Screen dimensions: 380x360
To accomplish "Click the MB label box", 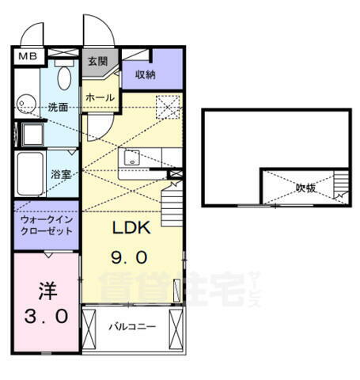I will pyautogui.click(x=27, y=56).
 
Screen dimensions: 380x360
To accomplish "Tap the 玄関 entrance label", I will pyautogui.click(x=98, y=61).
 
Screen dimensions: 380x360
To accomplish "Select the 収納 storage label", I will pyautogui.click(x=145, y=75).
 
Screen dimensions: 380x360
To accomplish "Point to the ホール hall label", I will pyautogui.click(x=100, y=98).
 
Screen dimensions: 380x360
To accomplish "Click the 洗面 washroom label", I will pyautogui.click(x=57, y=107).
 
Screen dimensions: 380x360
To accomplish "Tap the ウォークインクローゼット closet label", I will pyautogui.click(x=44, y=225).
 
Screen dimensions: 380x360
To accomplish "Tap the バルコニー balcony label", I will pyautogui.click(x=132, y=326).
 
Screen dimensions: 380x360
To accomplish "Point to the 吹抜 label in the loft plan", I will pyautogui.click(x=306, y=188).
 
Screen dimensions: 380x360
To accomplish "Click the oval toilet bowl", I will pyautogui.click(x=65, y=78).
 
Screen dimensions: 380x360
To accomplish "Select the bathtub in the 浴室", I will pyautogui.click(x=30, y=173).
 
